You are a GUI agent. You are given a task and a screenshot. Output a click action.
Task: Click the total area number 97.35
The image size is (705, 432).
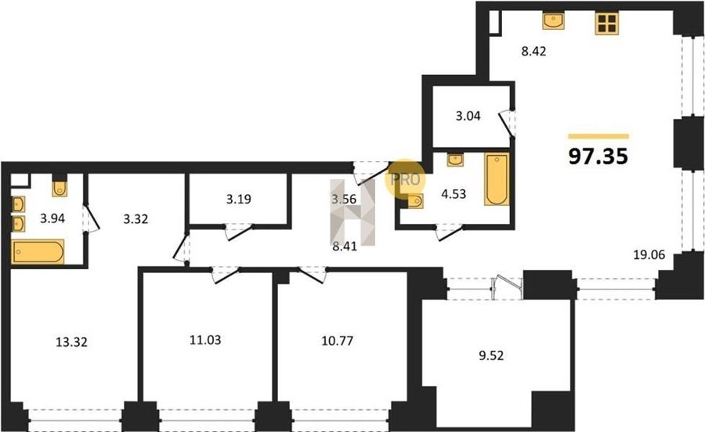click(598, 157)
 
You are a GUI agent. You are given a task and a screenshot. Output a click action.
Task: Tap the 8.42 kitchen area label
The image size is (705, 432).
click(533, 51)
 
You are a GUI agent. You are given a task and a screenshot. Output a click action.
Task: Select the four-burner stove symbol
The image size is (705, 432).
click(607, 23)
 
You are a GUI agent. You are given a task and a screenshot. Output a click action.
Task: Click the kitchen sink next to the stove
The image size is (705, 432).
click(553, 21)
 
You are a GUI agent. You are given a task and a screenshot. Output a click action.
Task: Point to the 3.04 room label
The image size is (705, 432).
click(468, 116)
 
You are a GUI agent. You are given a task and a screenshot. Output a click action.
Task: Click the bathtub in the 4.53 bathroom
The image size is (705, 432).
click(497, 179)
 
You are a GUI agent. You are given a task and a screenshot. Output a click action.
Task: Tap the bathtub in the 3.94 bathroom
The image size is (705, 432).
click(38, 252)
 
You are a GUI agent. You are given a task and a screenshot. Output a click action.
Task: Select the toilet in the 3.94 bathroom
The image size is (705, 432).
click(60, 188)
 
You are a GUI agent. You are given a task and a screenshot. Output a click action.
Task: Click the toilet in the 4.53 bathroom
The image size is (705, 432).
click(415, 201)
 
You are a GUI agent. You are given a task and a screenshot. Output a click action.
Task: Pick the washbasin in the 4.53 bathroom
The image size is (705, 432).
click(455, 160)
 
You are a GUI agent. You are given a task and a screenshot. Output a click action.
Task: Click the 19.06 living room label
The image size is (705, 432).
click(649, 255)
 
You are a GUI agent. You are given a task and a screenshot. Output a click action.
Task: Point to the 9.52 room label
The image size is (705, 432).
click(491, 355)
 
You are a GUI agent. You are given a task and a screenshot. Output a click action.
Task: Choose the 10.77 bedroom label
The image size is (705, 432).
click(337, 341)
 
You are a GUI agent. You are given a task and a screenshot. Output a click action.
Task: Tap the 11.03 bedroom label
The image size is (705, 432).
click(205, 340)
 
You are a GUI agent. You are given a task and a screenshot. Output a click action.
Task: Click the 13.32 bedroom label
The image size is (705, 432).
click(71, 342)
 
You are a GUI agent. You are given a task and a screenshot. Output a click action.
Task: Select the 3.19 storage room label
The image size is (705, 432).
click(238, 199)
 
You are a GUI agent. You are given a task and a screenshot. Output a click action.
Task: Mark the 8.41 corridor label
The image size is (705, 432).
click(344, 246)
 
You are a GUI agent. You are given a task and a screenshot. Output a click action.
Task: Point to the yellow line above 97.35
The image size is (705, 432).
click(598, 136)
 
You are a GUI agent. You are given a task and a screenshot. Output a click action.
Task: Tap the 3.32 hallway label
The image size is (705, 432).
click(136, 219)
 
